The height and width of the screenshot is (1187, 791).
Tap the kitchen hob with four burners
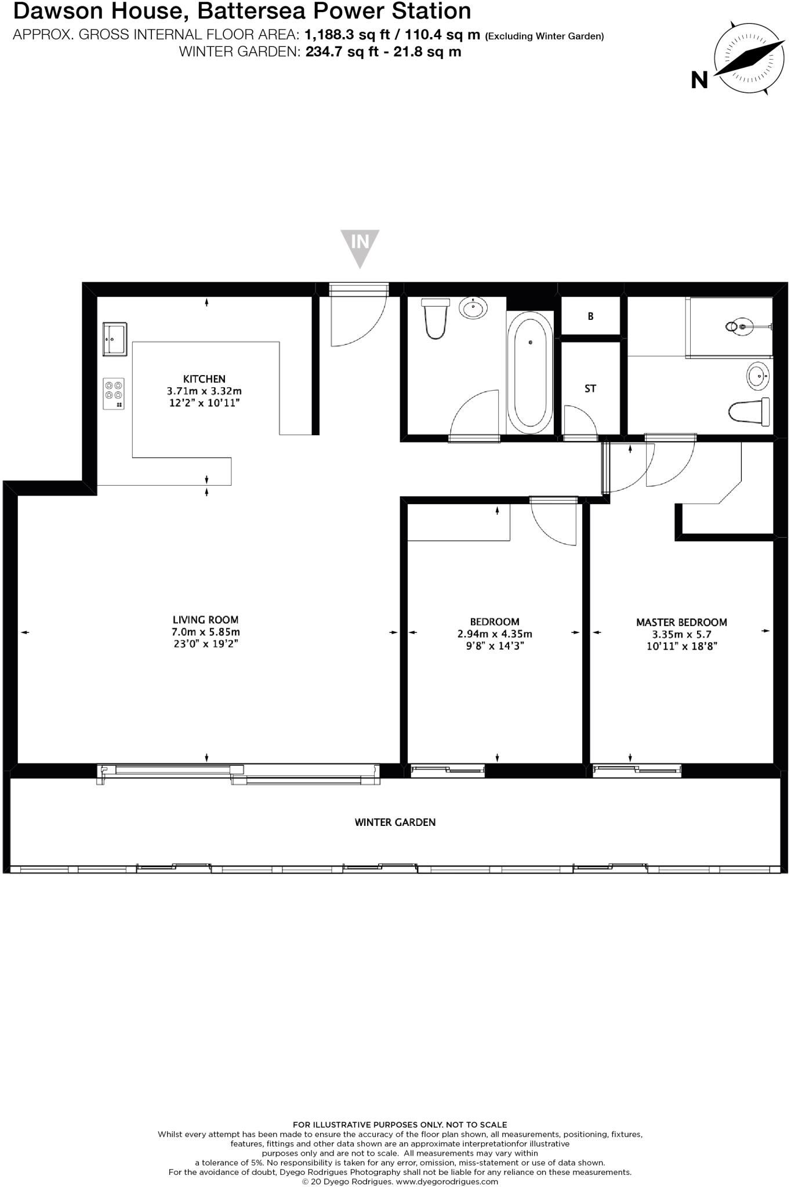[x=114, y=394]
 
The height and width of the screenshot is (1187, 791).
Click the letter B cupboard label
[x=590, y=316]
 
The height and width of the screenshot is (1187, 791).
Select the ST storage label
[x=590, y=389]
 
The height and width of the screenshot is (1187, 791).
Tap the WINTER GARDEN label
[x=395, y=822]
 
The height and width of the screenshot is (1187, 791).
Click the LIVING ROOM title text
[x=205, y=620]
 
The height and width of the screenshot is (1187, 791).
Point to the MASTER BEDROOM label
[x=681, y=622]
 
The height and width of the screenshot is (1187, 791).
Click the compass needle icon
[x=744, y=60]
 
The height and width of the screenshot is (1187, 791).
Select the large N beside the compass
[x=699, y=80]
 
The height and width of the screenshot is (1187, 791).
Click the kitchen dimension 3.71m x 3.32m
[x=204, y=391]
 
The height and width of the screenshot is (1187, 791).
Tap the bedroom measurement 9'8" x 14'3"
[x=495, y=646]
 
